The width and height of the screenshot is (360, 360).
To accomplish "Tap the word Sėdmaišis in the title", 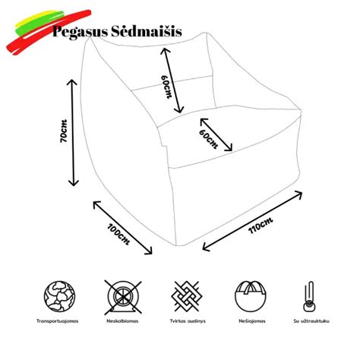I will [x=142, y=33].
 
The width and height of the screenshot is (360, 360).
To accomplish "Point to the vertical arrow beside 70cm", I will [x=74, y=132].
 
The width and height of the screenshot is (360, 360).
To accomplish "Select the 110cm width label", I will [x=260, y=225].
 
